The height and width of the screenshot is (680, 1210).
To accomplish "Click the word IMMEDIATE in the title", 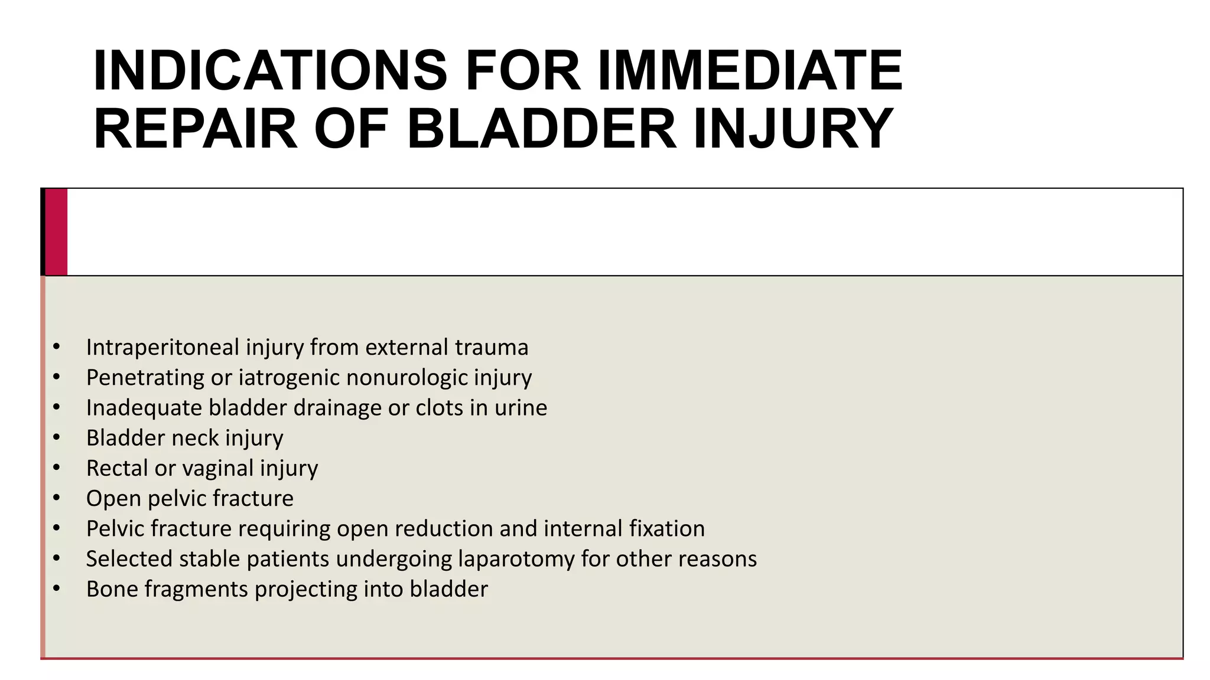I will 750,71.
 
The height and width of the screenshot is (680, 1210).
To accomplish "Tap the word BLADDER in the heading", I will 541,129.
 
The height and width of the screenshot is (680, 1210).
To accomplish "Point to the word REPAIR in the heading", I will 196,129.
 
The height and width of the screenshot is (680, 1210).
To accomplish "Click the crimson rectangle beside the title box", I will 56,232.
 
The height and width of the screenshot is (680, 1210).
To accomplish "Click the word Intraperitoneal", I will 162,347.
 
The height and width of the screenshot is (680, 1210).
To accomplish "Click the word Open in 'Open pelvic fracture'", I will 113,499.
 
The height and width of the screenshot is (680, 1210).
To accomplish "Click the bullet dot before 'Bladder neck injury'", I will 57,438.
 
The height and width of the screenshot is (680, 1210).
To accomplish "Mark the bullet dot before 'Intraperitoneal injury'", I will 57,347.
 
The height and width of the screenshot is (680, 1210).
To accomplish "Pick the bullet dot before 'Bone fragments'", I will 57,589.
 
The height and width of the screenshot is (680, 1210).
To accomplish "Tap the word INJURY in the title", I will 793,129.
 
